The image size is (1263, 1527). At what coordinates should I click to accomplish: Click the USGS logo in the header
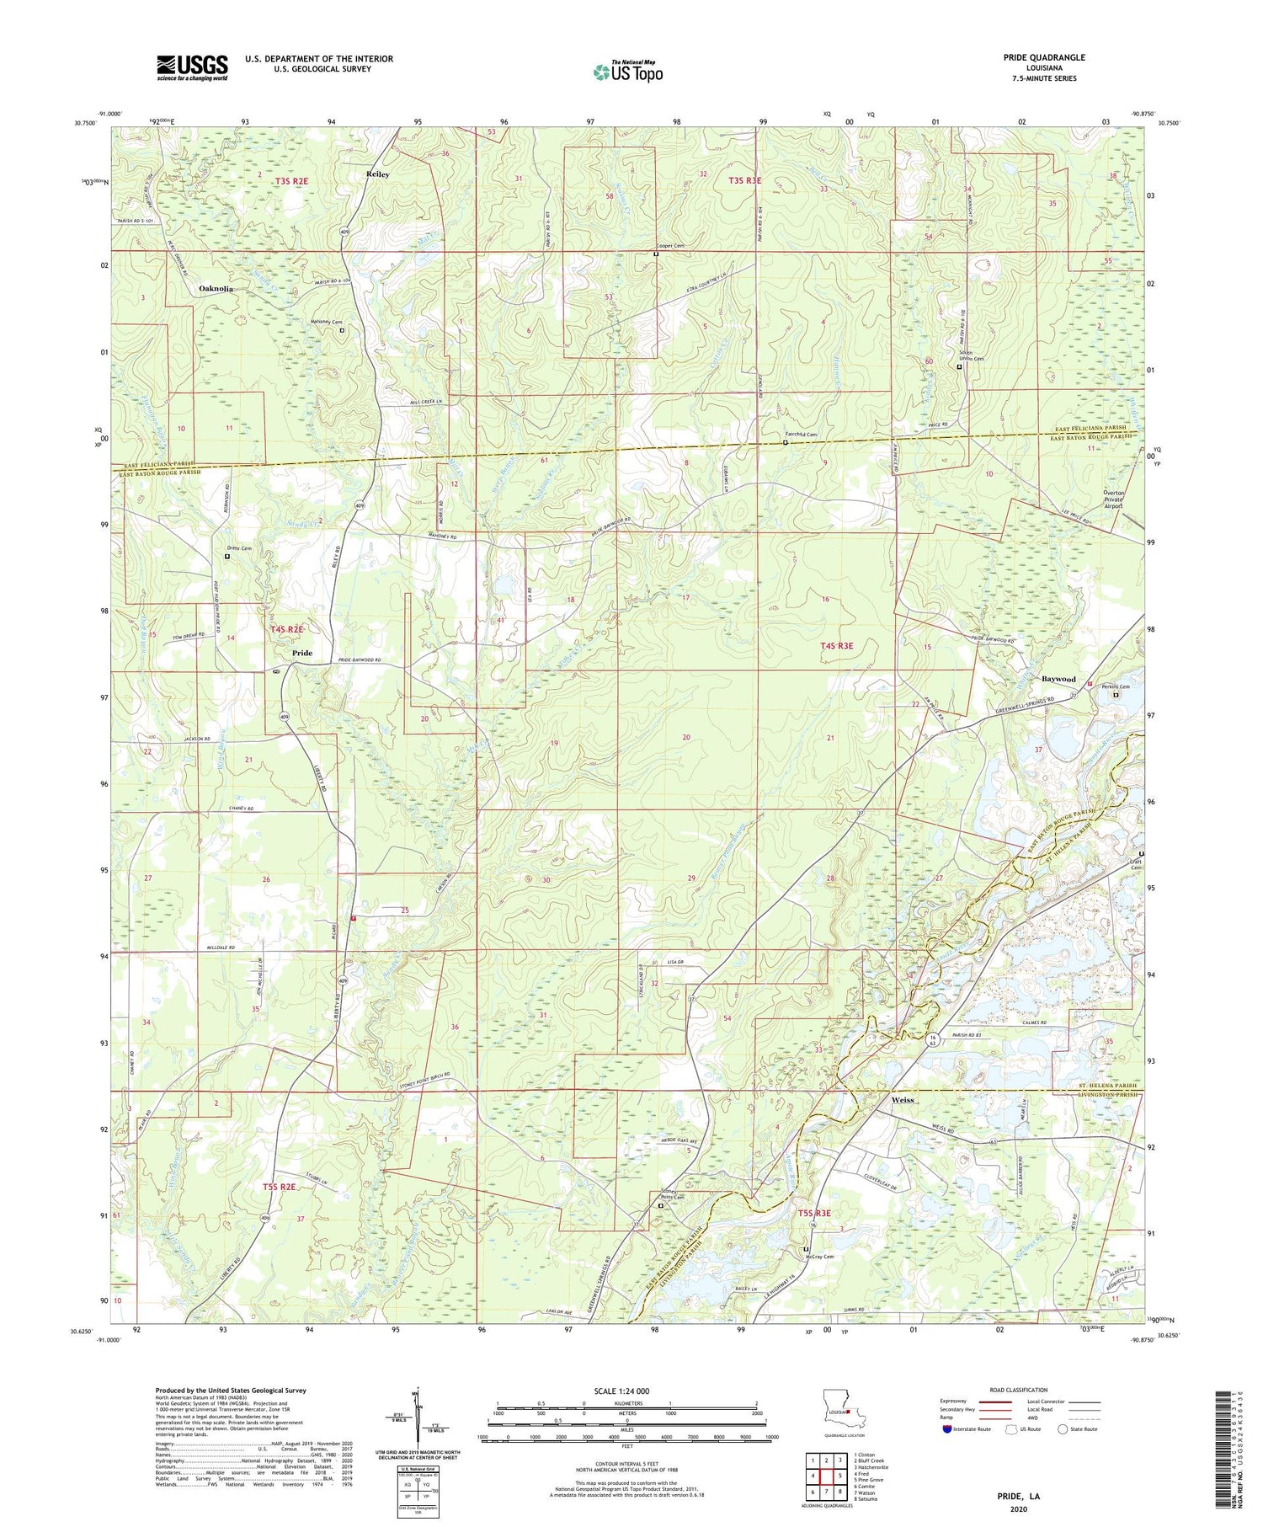click(x=192, y=67)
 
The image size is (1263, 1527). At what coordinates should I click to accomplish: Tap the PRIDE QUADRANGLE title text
click(x=1044, y=57)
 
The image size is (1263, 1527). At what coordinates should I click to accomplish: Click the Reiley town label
click(x=377, y=174)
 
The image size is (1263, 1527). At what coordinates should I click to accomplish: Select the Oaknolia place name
click(x=216, y=289)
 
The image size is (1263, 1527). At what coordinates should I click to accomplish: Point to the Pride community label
click(x=302, y=653)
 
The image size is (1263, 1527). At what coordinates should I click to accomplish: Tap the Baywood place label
click(x=1058, y=679)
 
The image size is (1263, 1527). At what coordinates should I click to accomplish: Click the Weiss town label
click(x=903, y=1100)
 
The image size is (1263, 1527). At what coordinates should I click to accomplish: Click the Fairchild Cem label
click(x=801, y=435)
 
